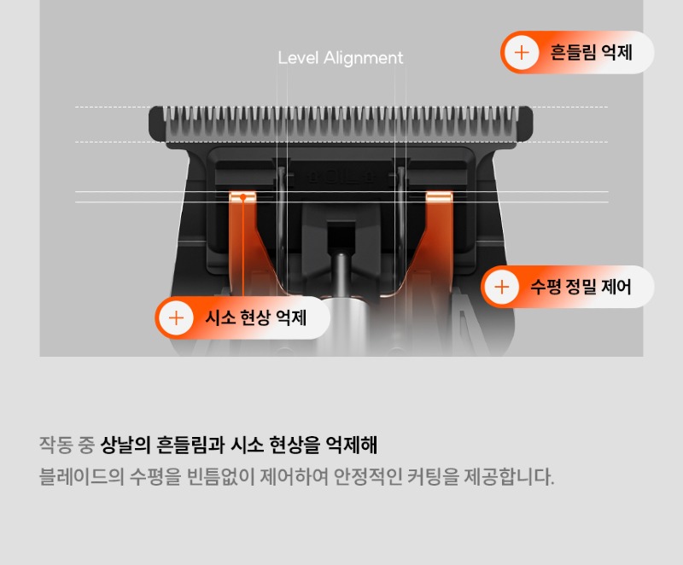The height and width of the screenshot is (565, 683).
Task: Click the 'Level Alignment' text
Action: (x=340, y=58)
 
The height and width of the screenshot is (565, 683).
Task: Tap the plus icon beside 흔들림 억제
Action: (x=522, y=53)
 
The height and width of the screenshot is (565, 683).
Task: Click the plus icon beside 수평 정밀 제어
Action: (x=502, y=287)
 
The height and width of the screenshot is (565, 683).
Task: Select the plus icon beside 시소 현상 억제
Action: (x=176, y=318)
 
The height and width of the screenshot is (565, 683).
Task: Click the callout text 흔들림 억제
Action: (x=591, y=53)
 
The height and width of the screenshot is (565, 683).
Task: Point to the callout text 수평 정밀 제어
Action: (x=581, y=287)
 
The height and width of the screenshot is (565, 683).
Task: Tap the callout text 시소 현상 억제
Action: (x=255, y=317)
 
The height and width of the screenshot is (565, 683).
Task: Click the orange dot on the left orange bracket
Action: (x=243, y=198)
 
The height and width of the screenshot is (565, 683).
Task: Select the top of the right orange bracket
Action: (x=439, y=195)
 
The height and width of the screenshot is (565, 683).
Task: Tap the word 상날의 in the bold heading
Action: (x=126, y=445)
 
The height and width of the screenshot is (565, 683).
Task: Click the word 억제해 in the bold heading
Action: (x=352, y=445)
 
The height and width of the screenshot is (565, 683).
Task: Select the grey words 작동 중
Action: (x=67, y=445)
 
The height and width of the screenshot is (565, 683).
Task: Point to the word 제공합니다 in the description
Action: (x=509, y=476)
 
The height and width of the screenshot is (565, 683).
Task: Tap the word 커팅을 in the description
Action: (x=433, y=476)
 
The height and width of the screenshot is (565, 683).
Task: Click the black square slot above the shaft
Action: (x=341, y=236)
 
